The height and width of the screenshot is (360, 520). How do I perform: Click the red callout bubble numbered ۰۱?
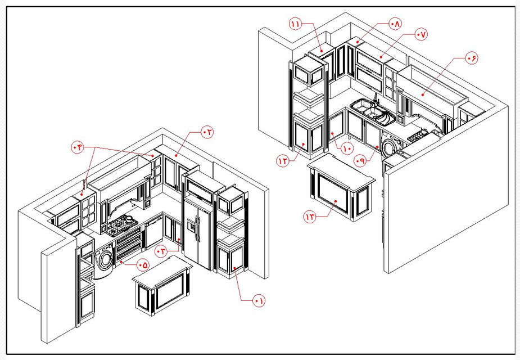pyautogui.click(x=259, y=301)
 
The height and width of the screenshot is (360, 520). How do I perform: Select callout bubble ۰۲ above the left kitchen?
pyautogui.click(x=207, y=132)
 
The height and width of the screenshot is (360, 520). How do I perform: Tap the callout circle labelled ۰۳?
pyautogui.click(x=161, y=251)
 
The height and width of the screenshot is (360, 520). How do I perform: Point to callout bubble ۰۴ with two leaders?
pyautogui.click(x=78, y=147)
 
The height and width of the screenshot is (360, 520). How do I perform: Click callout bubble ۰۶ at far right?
pyautogui.click(x=471, y=58)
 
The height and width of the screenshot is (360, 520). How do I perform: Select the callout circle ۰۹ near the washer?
pyautogui.click(x=360, y=160)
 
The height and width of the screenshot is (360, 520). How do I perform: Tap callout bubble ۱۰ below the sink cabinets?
pyautogui.click(x=347, y=149)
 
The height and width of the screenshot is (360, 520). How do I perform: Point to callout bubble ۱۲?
pyautogui.click(x=283, y=161)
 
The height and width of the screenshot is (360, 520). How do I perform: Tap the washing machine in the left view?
pyautogui.click(x=103, y=262)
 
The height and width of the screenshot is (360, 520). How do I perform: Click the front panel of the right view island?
pyautogui.click(x=334, y=194)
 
